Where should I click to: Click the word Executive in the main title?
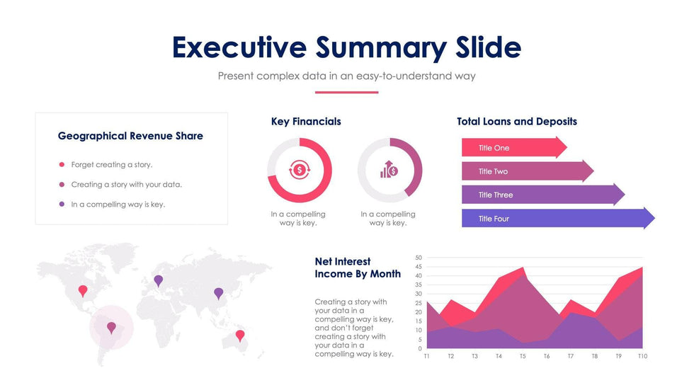coord(239,47)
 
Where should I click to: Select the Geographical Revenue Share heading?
coord(130,136)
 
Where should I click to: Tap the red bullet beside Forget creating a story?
coord(62,165)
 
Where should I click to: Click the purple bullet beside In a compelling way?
coord(62,205)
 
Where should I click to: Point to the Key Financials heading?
coord(306,122)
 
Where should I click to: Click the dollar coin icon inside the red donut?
coord(300,170)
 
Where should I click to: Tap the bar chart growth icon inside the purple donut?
coord(389,170)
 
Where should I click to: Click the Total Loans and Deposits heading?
coord(516,122)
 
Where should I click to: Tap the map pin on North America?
coord(83,290)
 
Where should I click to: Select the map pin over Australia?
coord(240,335)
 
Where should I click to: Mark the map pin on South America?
coord(111,327)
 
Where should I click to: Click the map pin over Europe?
coord(158,280)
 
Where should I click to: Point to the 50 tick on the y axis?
coord(419,258)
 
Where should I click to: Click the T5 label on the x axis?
coord(523,356)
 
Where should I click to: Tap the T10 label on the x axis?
coord(642,356)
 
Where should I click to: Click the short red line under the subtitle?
coord(346,92)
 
